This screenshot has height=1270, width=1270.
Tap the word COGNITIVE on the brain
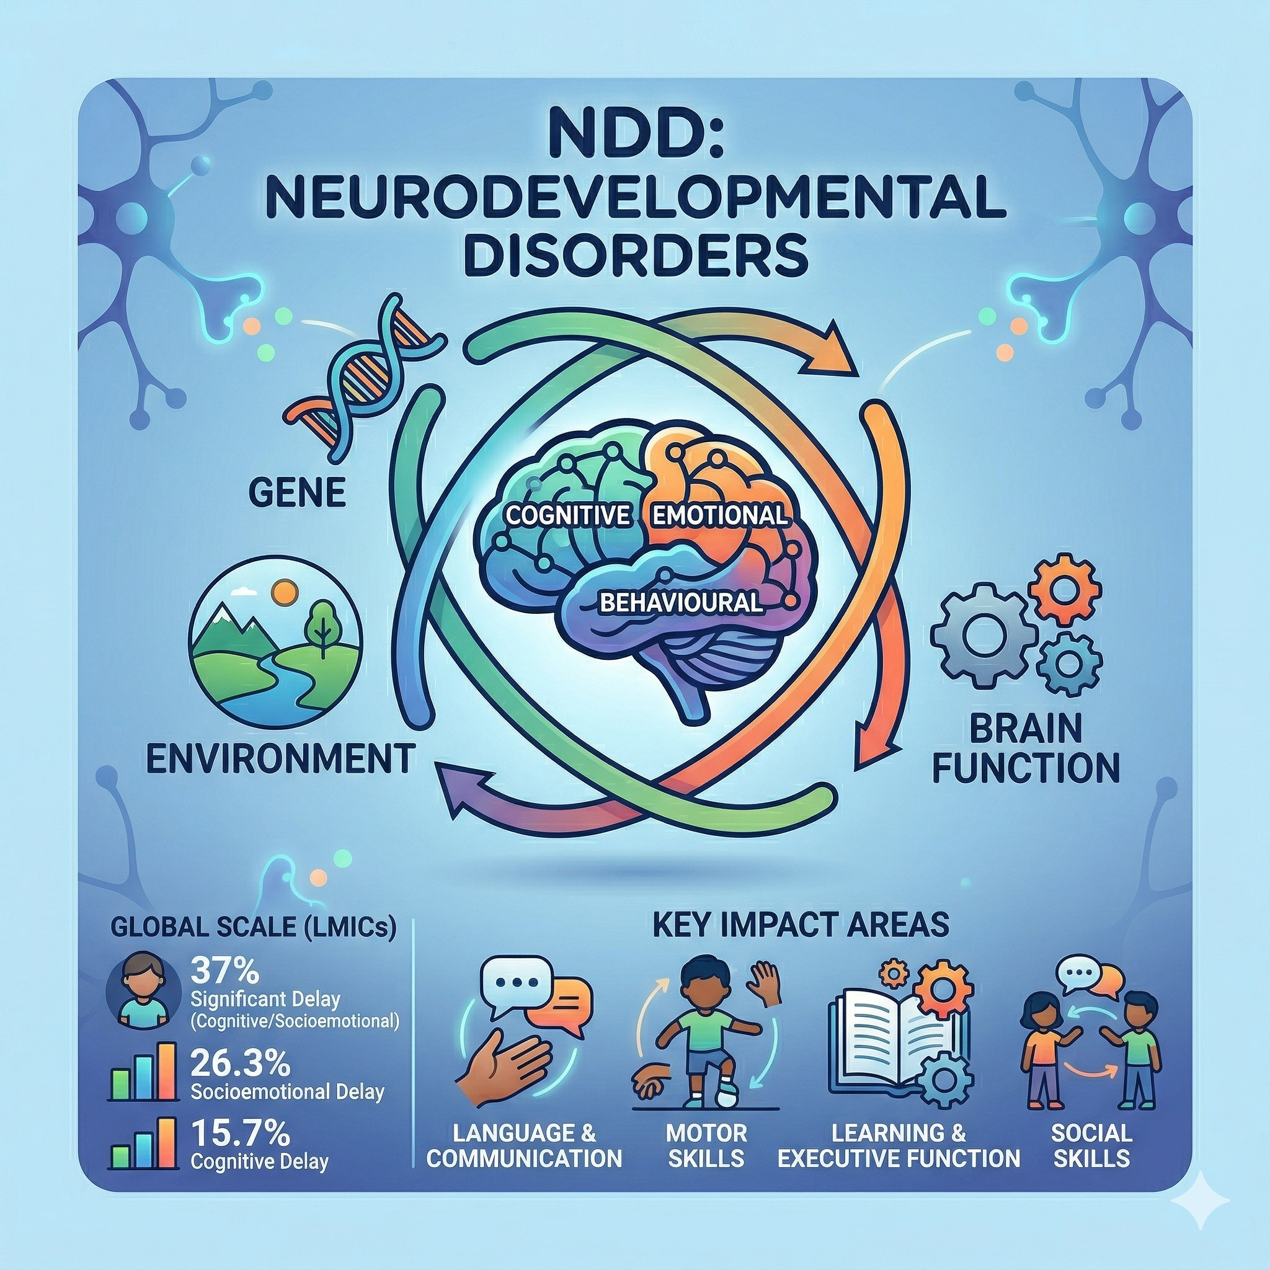click(568, 515)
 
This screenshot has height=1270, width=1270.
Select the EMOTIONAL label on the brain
click(719, 515)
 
